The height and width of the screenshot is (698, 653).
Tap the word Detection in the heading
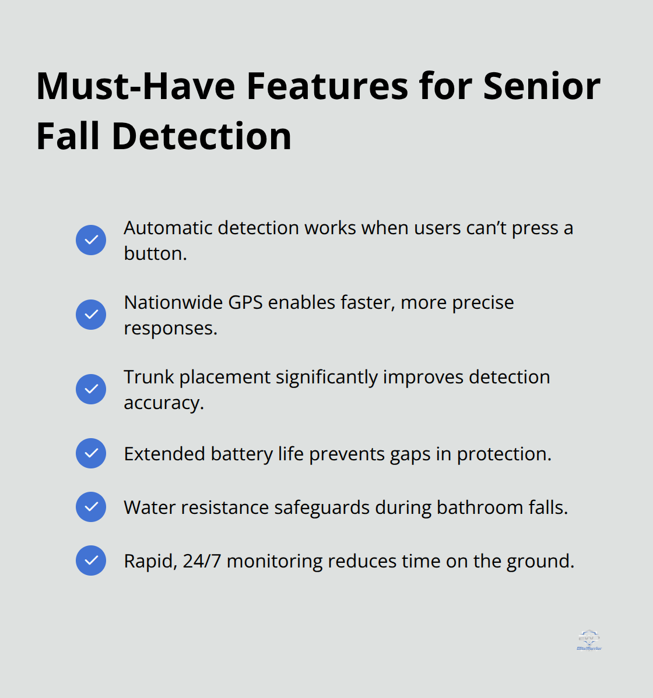(x=201, y=136)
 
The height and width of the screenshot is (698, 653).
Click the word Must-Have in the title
(x=135, y=86)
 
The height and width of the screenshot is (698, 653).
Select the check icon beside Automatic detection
(x=91, y=240)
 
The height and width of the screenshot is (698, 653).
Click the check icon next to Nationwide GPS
(x=91, y=315)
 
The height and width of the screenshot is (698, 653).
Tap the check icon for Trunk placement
(x=91, y=389)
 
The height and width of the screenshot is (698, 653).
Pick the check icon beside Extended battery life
(x=91, y=453)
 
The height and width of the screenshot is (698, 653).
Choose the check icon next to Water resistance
(x=91, y=507)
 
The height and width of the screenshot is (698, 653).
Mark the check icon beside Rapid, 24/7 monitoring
(x=91, y=560)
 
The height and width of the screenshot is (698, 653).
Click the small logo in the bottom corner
(x=589, y=640)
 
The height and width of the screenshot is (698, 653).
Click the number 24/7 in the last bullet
(x=202, y=561)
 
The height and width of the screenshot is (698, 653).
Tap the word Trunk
(x=149, y=377)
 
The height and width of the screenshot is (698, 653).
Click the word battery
(x=241, y=454)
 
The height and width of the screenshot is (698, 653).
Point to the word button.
(x=155, y=253)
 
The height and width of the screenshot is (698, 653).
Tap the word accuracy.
(x=164, y=403)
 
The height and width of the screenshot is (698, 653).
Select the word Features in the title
(x=327, y=86)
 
